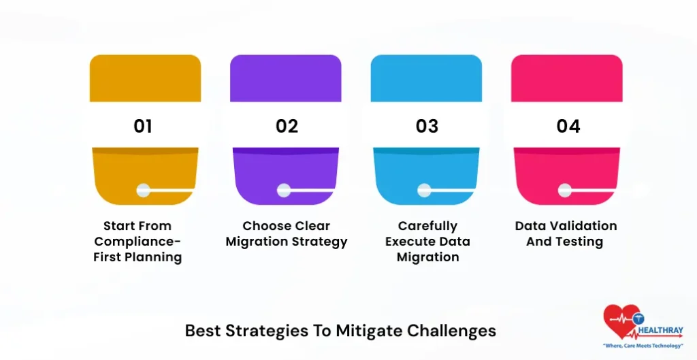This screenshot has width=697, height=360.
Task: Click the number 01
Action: [143, 126]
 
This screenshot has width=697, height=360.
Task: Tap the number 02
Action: [287, 126]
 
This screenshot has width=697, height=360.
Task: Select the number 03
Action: [427, 126]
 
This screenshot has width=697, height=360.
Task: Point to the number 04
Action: [568, 126]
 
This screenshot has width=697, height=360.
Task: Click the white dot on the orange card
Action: [143, 191]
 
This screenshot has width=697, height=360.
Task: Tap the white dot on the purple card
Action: [283, 191]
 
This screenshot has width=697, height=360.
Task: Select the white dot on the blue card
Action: [424, 191]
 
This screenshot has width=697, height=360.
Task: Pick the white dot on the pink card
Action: [564, 191]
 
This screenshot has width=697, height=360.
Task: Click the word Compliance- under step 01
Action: [137, 242]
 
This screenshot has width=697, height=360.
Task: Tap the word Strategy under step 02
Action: [318, 242]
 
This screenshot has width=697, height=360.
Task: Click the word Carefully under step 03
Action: [427, 226]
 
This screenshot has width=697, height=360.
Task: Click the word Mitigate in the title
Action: [368, 331]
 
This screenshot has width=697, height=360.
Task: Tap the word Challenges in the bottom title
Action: [452, 331]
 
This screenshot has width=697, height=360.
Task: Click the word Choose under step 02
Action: [267, 226]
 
